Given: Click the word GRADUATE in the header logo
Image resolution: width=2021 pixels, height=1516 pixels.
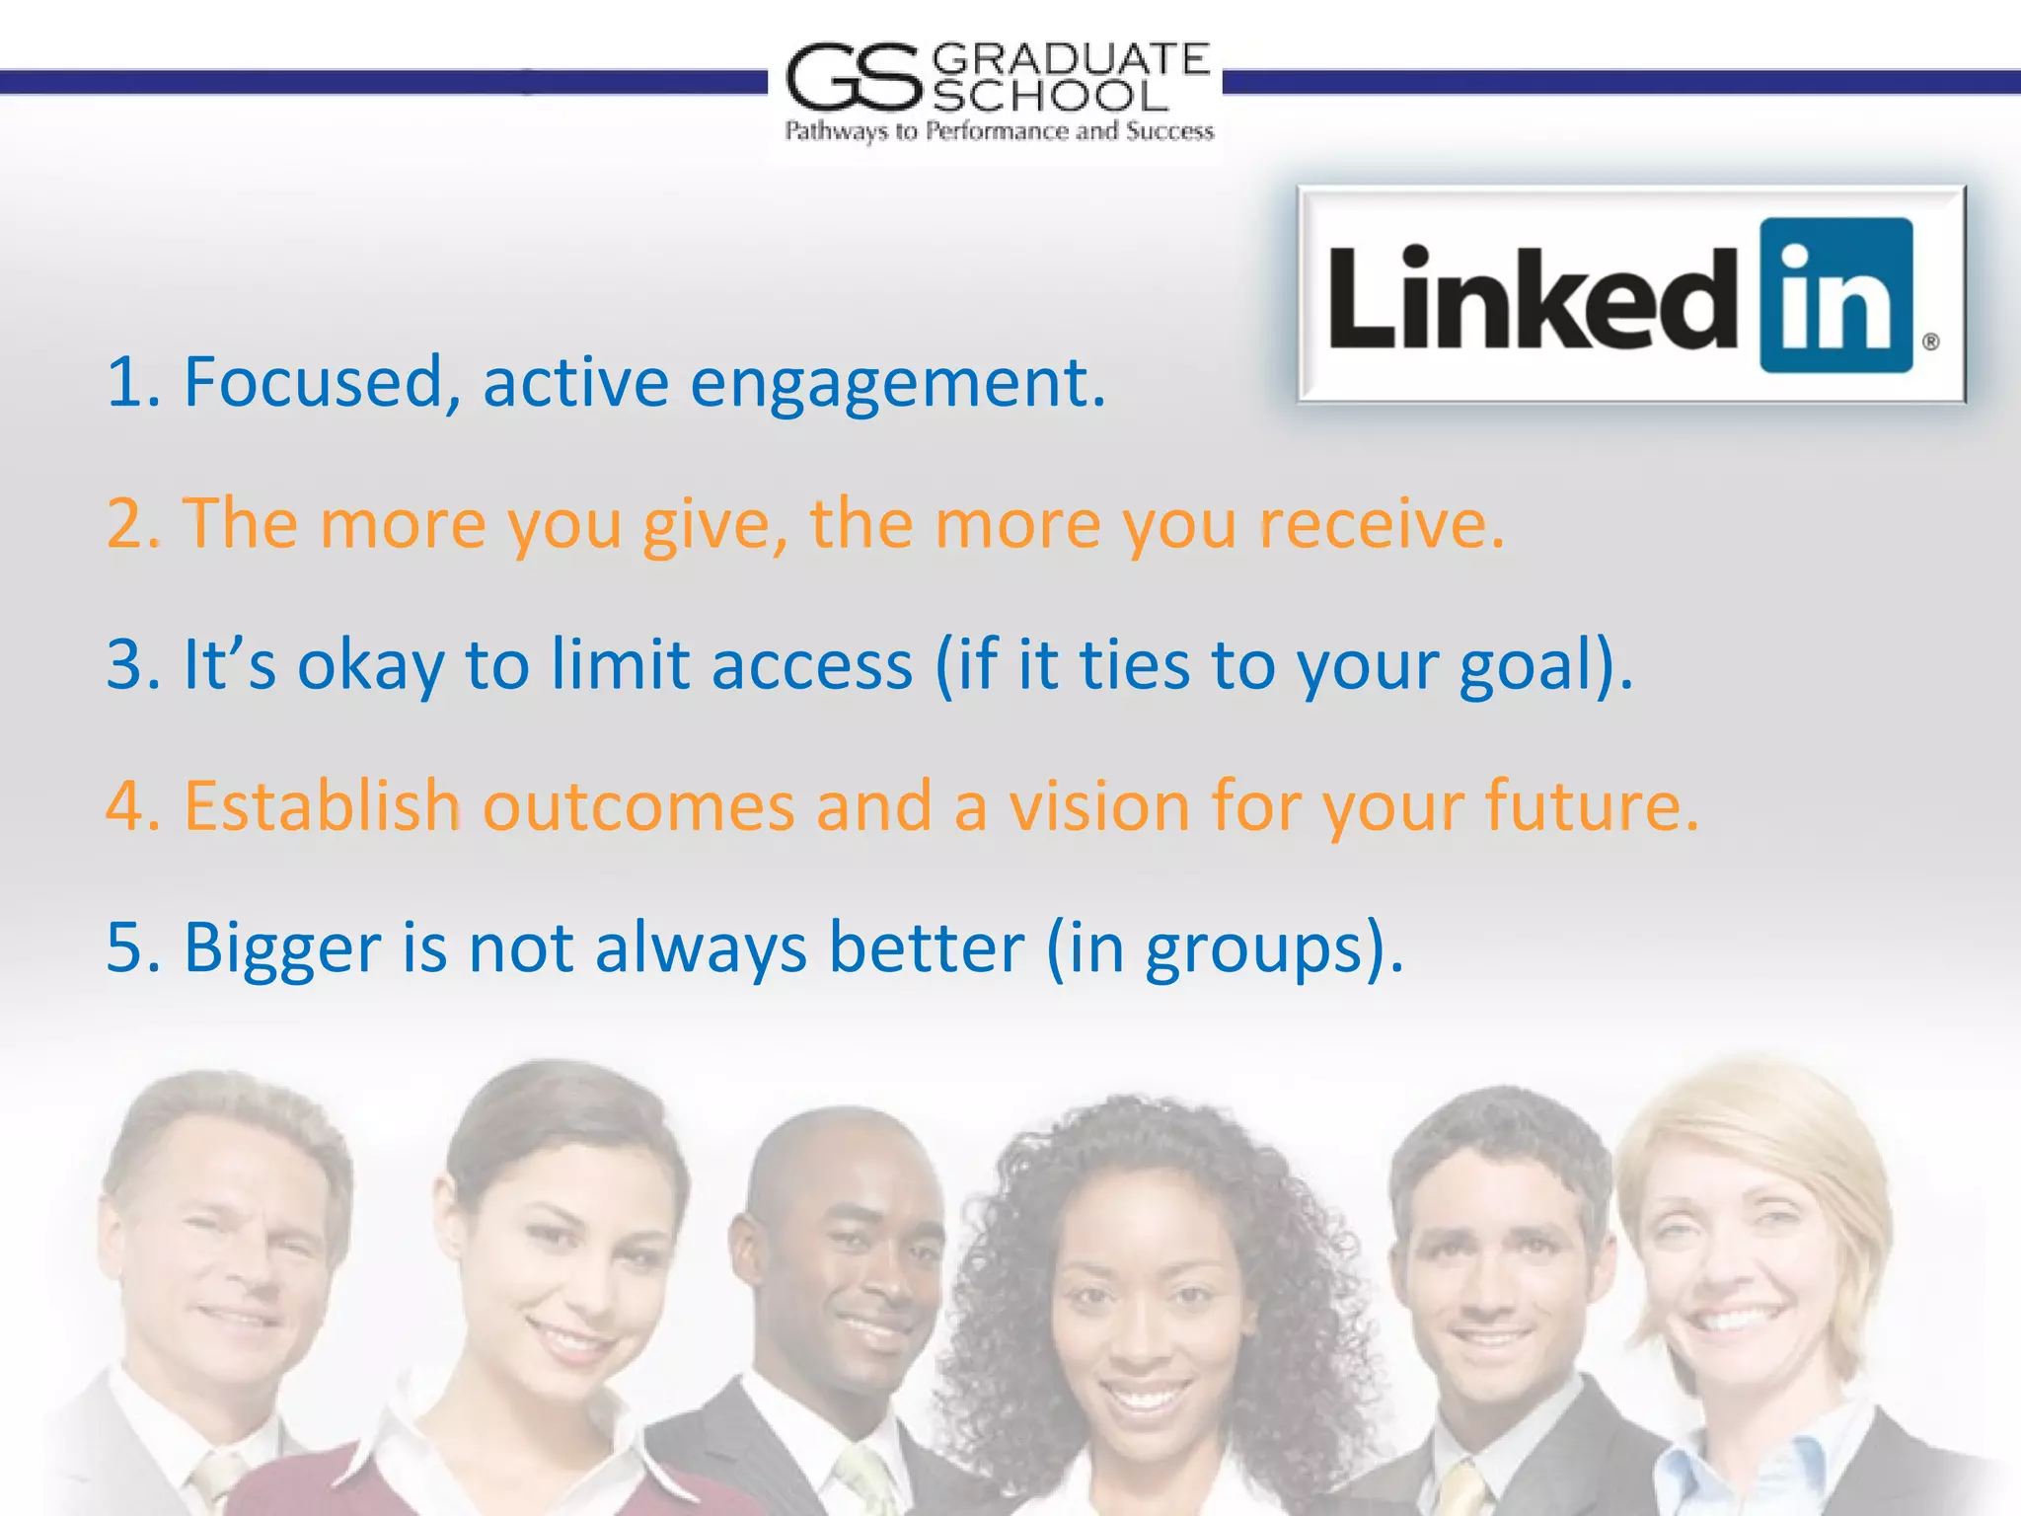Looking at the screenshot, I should tap(1070, 60).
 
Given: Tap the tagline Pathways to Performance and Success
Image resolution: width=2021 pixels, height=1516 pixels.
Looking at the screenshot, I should tap(999, 131).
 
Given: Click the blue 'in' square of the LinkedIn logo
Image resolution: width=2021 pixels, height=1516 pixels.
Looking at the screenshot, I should tap(1836, 295).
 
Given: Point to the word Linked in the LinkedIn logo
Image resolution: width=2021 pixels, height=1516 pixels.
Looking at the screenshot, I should tap(1533, 297).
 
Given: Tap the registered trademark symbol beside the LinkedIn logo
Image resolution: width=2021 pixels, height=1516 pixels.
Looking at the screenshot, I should tap(1931, 341).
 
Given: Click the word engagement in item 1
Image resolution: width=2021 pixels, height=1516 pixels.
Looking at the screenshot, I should tap(897, 383).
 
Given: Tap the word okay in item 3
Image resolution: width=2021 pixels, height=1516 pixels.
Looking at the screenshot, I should tap(370, 665).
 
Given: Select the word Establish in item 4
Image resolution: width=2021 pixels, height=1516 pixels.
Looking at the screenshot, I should tap(322, 805).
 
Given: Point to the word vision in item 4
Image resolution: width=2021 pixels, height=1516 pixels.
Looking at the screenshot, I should tap(1099, 805).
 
